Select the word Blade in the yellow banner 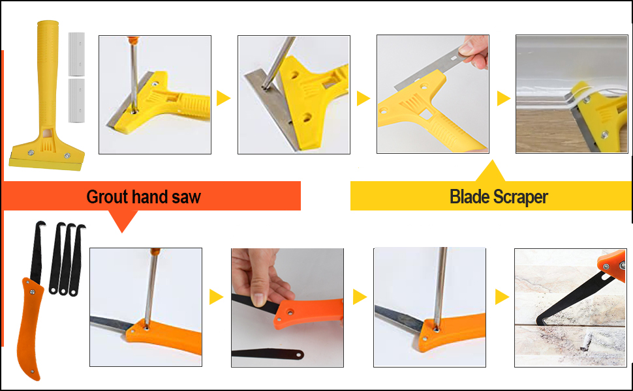coord(469,197)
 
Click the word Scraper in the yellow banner coord(520,197)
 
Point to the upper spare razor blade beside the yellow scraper coord(77,55)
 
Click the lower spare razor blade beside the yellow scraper coord(77,100)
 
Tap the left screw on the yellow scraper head coord(31,152)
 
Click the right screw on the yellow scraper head coord(67,156)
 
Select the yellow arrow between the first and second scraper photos coord(223,98)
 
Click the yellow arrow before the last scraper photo coord(503,98)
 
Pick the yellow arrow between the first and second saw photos coord(216,297)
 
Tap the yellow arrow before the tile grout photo coord(502,297)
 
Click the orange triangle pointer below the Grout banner coord(122,220)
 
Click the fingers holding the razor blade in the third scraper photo coord(476,51)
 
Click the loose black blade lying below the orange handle coord(268,353)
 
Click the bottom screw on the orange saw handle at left coord(31,372)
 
